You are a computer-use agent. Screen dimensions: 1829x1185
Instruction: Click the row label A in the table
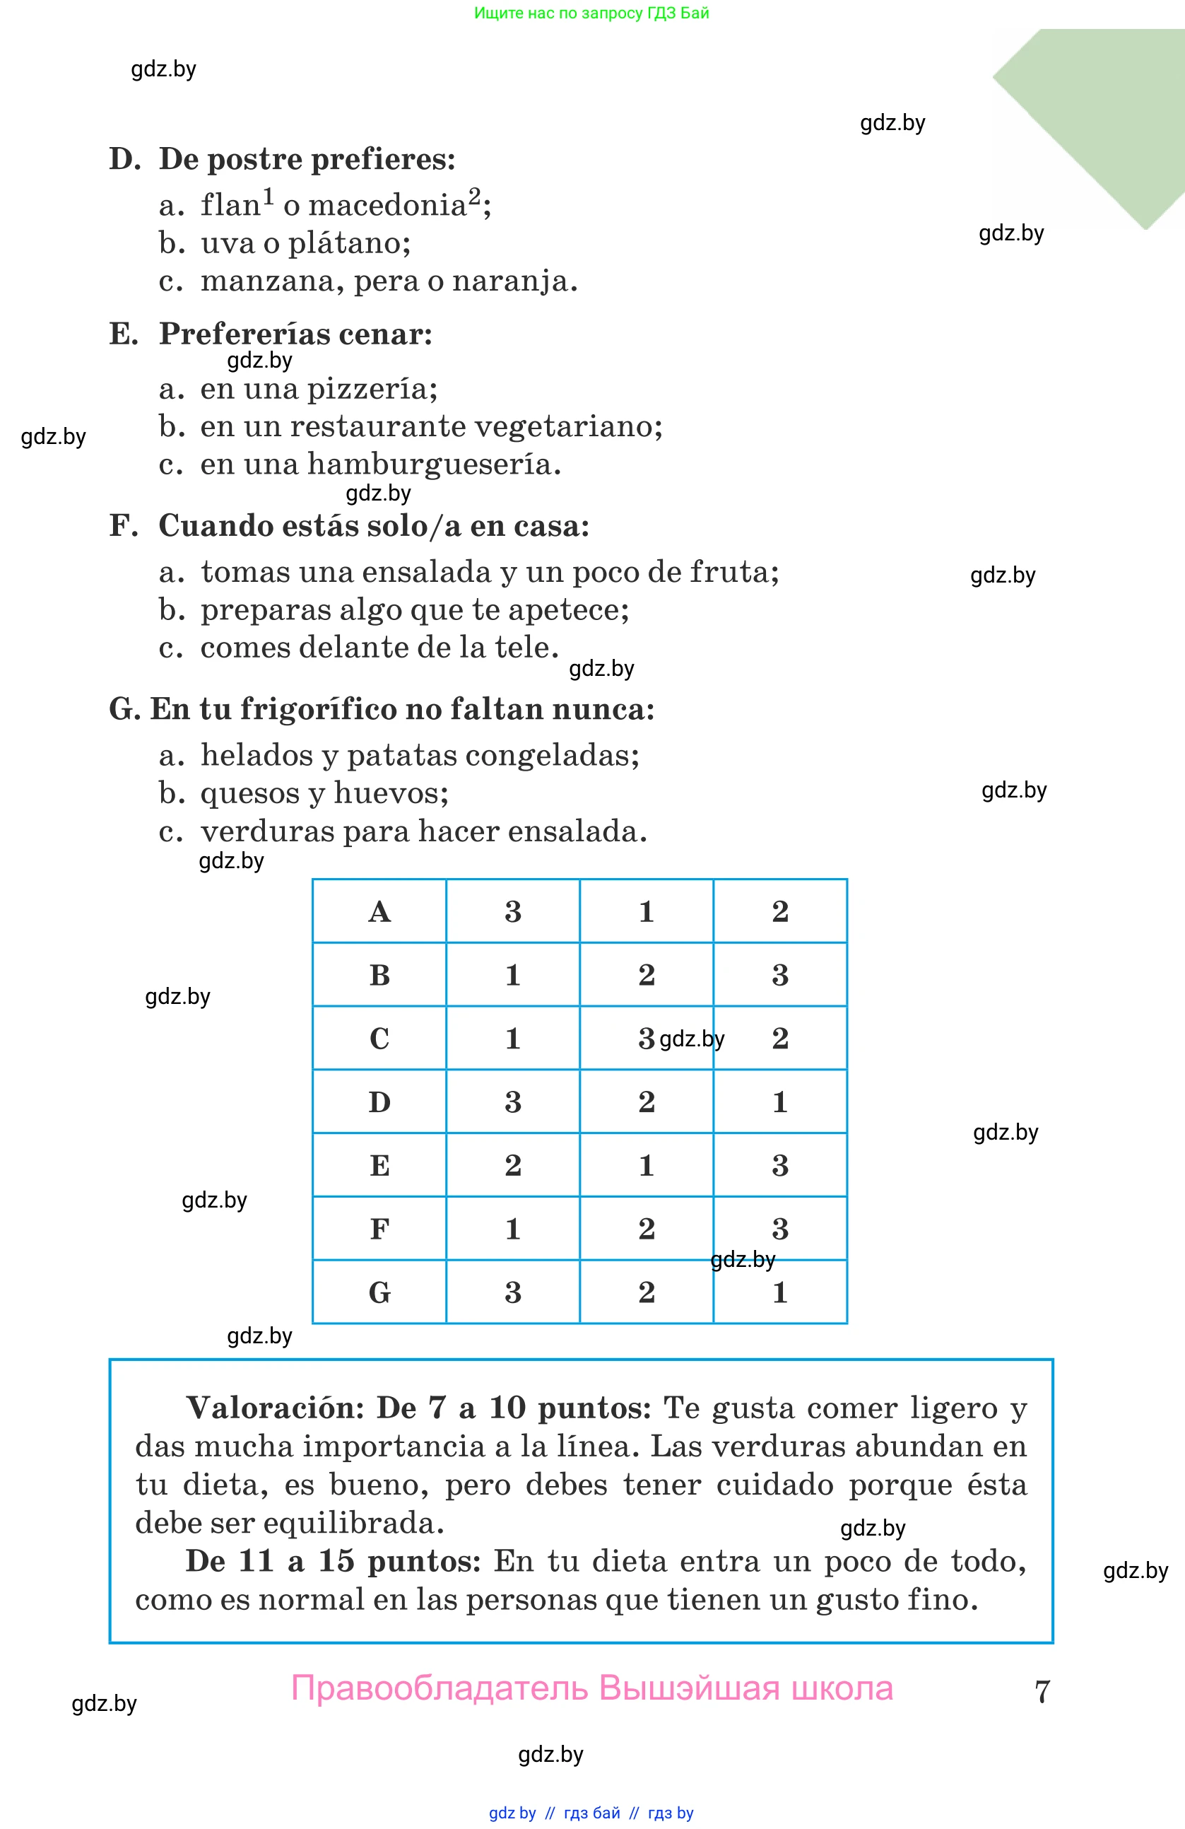379,911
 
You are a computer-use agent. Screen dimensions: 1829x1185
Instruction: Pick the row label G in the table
379,1292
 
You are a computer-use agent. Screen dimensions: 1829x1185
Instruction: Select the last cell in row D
779,1102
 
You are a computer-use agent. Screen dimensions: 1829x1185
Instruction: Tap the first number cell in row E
513,1165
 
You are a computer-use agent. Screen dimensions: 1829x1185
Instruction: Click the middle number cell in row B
646,974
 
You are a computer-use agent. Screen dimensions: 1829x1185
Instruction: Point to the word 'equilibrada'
361,1522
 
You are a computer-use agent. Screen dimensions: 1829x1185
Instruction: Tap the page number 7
1042,1691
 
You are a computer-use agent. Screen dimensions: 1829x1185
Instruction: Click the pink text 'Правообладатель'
440,1688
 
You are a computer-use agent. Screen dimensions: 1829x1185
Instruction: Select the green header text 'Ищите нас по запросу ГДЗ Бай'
591,13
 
